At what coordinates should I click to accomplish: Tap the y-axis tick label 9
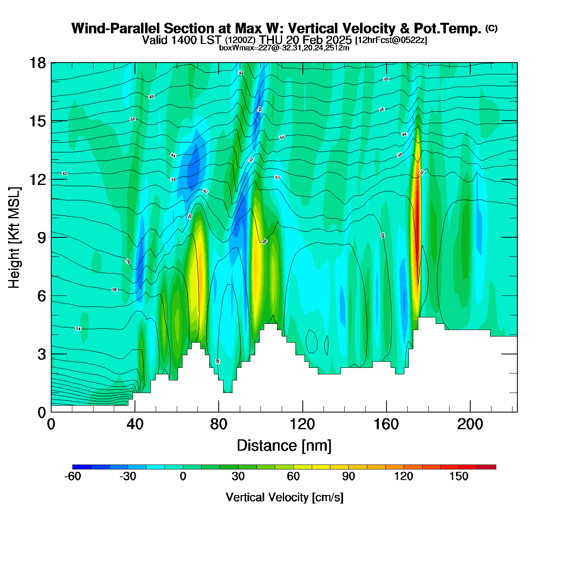(x=41, y=238)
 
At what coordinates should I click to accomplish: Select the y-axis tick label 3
(x=41, y=354)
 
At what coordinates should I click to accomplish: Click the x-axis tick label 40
(x=135, y=424)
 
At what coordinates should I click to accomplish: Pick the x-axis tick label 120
(x=302, y=424)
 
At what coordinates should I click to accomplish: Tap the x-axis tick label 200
(x=470, y=424)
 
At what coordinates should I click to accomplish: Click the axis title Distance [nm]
(x=284, y=445)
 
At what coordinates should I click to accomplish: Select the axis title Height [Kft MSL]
(x=14, y=238)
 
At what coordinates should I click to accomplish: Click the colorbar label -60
(x=73, y=476)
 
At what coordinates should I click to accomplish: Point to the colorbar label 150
(x=459, y=476)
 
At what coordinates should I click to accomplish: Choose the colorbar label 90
(x=348, y=476)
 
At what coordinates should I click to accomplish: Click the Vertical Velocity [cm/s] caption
(x=284, y=497)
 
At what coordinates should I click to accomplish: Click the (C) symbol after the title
(x=491, y=28)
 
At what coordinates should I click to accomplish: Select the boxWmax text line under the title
(x=284, y=48)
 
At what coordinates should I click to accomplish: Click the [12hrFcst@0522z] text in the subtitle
(x=391, y=40)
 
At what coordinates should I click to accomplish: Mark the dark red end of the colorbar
(x=486, y=467)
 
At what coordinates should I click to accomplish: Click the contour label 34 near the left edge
(x=78, y=328)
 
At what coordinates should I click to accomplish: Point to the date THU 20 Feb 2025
(x=306, y=40)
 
